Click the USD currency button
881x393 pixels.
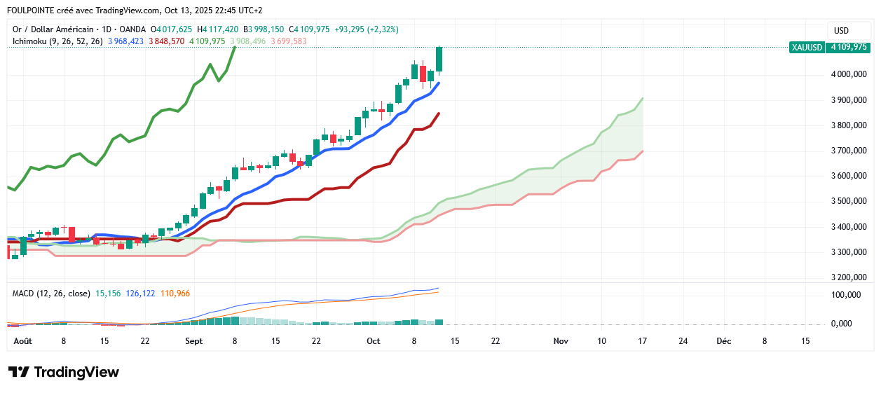pyautogui.click(x=841, y=31)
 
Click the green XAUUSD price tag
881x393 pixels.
pyautogui.click(x=829, y=47)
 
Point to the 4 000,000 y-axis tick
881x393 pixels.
pyautogui.click(x=847, y=74)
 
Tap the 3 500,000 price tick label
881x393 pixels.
pyautogui.click(x=847, y=201)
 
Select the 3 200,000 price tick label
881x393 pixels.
pyautogui.click(x=847, y=277)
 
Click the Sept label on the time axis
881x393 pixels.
pyautogui.click(x=194, y=341)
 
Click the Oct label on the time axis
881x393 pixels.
pyautogui.click(x=373, y=341)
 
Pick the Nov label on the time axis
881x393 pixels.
pyautogui.click(x=560, y=341)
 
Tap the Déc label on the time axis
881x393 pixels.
pyautogui.click(x=723, y=341)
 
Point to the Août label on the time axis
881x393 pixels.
pyautogui.click(x=23, y=341)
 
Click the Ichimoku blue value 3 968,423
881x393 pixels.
pyautogui.click(x=125, y=41)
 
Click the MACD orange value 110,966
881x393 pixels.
pyautogui.click(x=175, y=294)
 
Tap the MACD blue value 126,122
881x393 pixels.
pyautogui.click(x=140, y=294)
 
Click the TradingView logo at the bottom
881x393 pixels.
pyautogui.click(x=64, y=372)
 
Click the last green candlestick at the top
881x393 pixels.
pyautogui.click(x=439, y=59)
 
